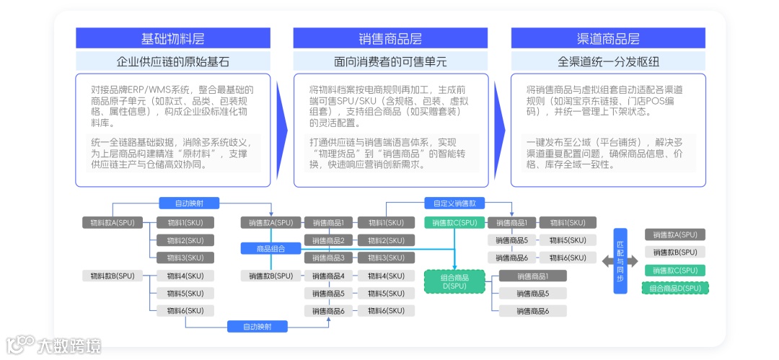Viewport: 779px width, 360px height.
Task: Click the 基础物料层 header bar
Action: [173, 38]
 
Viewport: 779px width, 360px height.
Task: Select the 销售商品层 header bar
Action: [390, 38]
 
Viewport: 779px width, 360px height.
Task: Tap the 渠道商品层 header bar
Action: [608, 38]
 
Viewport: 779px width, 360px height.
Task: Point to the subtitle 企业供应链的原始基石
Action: [173, 61]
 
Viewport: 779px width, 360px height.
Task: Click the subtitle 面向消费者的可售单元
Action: [390, 61]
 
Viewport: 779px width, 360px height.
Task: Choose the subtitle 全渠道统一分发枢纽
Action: [608, 61]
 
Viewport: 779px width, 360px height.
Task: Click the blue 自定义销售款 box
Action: [450, 203]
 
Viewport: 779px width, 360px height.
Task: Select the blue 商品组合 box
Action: [270, 249]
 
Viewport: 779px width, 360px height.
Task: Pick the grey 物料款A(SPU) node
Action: [113, 223]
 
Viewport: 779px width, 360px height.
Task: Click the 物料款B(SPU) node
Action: [113, 276]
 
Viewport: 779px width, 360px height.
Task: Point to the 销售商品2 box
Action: [328, 240]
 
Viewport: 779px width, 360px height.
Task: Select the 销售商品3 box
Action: [328, 258]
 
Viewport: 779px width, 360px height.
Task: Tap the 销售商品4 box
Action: [328, 276]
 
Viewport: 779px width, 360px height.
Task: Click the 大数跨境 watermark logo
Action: [54, 344]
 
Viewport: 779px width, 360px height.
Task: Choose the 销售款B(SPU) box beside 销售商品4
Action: [270, 276]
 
